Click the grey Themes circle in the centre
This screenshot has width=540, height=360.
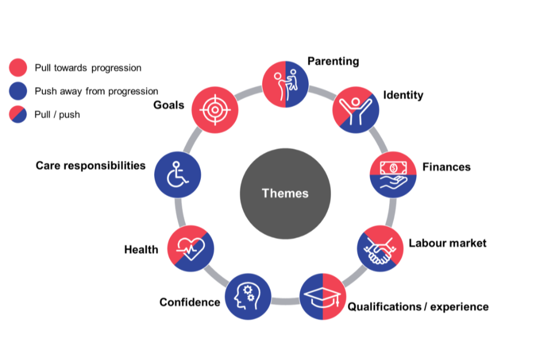point(285,193)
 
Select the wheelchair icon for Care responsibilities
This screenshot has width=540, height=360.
point(178,174)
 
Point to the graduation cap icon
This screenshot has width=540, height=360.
point(323,296)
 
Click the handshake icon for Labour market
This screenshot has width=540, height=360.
point(380,249)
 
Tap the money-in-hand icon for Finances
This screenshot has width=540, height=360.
point(393,174)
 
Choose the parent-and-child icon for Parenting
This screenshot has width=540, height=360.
point(285,84)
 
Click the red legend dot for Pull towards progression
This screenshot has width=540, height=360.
point(18,67)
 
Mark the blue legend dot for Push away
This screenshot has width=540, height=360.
point(18,91)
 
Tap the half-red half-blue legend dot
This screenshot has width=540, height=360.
point(18,115)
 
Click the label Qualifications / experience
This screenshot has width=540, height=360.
point(418,307)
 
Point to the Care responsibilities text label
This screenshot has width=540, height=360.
point(91,165)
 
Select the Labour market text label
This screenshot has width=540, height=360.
point(447,244)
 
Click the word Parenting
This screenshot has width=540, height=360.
point(333,61)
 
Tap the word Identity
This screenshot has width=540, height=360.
point(403,94)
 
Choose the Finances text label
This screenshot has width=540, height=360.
point(446,167)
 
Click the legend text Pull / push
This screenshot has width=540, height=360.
point(57,115)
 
